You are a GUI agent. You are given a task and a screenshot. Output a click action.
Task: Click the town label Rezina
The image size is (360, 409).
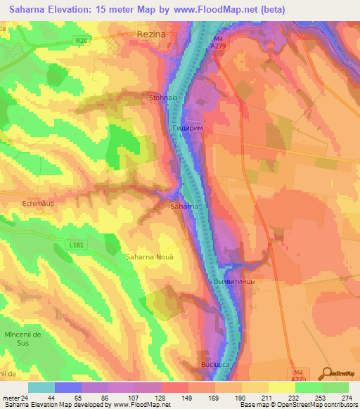point(155,33)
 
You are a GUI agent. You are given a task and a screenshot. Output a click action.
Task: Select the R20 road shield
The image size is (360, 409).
point(82,41)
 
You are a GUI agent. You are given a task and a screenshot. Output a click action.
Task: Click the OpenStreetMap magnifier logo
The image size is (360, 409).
point(327,372)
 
